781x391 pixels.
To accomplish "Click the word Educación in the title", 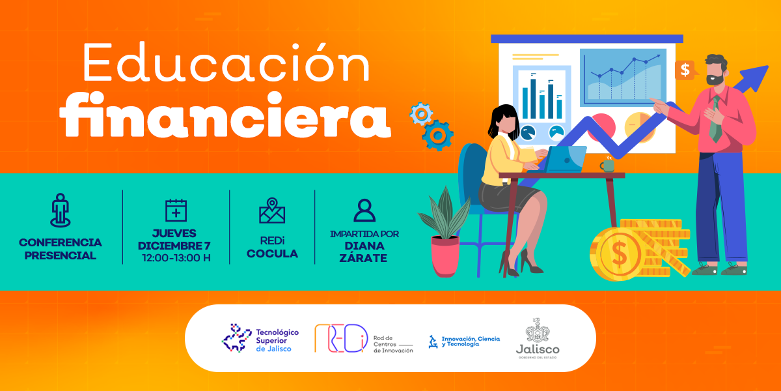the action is tap(226, 62).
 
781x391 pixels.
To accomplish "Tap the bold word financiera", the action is tap(225, 115).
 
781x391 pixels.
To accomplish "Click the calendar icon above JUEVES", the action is tap(176, 210).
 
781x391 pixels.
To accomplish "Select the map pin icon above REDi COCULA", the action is tap(272, 210).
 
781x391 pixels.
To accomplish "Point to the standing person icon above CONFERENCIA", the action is tap(61, 210).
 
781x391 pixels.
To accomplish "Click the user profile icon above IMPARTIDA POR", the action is tap(364, 210).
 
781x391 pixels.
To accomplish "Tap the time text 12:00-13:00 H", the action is tap(176, 258).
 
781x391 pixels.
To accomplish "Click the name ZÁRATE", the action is tap(363, 257).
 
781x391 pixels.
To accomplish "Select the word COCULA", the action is tap(272, 253).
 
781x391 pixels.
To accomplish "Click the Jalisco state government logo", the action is tap(538, 338).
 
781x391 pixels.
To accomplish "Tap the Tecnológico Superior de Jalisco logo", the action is tap(260, 338).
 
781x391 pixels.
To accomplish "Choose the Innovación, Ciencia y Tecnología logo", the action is tap(464, 341).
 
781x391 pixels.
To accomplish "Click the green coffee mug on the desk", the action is tap(607, 165).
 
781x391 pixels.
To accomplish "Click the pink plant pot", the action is tap(445, 256).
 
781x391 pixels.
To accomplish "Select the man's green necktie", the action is tap(715, 119).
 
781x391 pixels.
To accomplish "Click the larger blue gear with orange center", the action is tap(437, 136).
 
